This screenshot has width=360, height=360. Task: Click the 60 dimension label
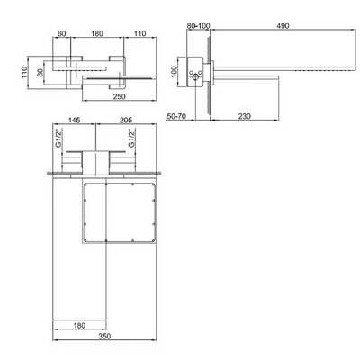pos(61,33)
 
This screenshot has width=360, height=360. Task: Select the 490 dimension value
pos(283,26)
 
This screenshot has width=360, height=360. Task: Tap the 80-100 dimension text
pos(198,26)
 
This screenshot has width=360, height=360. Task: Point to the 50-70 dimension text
pos(176,116)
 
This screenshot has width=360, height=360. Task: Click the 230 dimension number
pos(245,116)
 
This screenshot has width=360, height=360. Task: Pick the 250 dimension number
pos(120,96)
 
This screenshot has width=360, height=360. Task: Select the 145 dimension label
pos(75,120)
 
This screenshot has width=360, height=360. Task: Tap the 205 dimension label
pos(126,120)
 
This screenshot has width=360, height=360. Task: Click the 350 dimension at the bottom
pos(104,337)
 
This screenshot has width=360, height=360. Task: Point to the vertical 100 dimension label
pos(175,72)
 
